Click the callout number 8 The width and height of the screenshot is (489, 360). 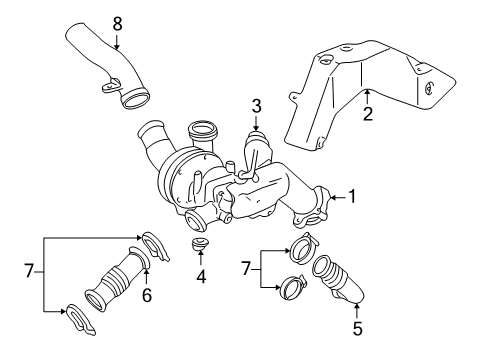[x=117, y=21]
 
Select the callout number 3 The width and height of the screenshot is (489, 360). [x=257, y=105]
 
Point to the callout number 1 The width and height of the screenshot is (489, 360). [x=350, y=198]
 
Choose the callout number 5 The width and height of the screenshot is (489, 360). [x=358, y=326]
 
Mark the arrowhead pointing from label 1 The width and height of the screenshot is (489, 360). [x=326, y=198]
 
